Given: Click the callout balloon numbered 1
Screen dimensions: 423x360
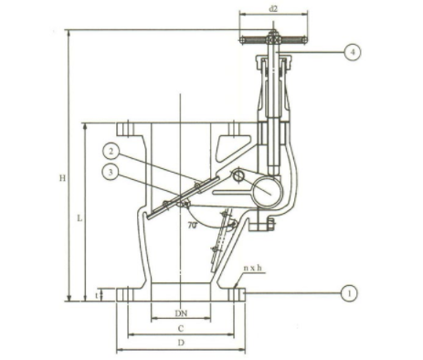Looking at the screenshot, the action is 349,293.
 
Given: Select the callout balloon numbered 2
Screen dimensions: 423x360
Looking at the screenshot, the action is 111,152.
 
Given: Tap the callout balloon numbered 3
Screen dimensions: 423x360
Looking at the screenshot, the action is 111,173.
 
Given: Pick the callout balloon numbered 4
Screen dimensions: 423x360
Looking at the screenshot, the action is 353,52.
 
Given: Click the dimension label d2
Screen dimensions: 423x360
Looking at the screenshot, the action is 273,9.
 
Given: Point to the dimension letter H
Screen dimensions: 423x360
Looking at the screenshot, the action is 62,178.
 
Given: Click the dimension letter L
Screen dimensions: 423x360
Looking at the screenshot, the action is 79,218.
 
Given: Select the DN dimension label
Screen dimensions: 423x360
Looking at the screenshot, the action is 181,313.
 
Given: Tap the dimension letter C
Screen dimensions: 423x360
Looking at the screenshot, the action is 181,329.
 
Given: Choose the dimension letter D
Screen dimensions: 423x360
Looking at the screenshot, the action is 181,344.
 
